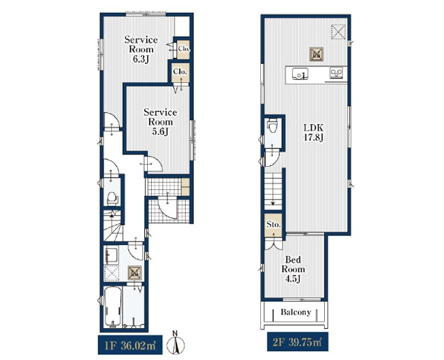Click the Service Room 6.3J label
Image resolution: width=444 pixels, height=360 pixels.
click(x=141, y=49)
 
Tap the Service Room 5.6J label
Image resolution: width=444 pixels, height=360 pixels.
click(x=160, y=122)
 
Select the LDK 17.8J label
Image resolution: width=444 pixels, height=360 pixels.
click(x=313, y=133)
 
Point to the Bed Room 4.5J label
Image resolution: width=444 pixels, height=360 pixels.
click(x=293, y=269)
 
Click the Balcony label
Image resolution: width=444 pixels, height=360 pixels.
click(x=296, y=312)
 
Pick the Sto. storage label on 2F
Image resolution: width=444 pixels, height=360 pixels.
click(x=274, y=225)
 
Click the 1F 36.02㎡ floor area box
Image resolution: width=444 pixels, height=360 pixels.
click(x=130, y=345)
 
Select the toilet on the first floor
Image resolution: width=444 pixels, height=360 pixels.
click(x=112, y=199)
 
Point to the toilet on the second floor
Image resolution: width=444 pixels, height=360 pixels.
click(x=273, y=126)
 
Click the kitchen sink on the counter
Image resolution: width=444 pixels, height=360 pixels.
click(x=300, y=74)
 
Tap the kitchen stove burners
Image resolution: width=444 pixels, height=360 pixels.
click(x=336, y=73)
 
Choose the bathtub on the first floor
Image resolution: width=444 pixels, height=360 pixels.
click(x=112, y=307)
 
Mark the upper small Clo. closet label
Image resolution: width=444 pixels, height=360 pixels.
click(x=183, y=49)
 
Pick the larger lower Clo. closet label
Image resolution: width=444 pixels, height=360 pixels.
click(x=180, y=71)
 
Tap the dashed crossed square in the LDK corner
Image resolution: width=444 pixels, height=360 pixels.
click(x=338, y=32)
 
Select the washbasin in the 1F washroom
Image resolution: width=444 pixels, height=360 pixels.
click(x=111, y=257)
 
